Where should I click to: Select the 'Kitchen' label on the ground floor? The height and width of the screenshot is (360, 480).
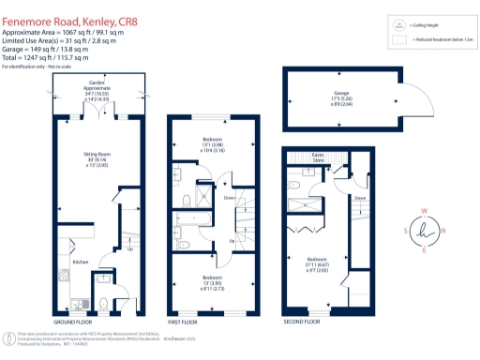pos(81,262)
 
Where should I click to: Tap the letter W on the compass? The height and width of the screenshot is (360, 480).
pos(427,211)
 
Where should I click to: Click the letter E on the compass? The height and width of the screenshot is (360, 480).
pos(427,251)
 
